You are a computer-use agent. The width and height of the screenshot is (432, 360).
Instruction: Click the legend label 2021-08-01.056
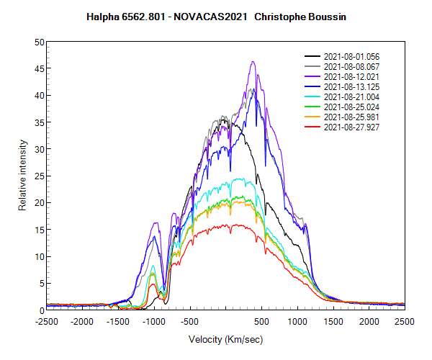(x=351, y=56)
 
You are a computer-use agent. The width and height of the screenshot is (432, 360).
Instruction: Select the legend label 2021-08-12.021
(x=351, y=76)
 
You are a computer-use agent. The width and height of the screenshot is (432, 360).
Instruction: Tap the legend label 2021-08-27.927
(x=351, y=127)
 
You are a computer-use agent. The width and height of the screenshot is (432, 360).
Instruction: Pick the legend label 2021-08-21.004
(x=351, y=96)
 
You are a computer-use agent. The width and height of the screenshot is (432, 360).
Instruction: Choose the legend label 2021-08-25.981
(x=351, y=117)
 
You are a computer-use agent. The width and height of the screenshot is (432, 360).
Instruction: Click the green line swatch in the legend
(x=313, y=107)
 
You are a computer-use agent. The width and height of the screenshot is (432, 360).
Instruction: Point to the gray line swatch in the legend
(x=313, y=66)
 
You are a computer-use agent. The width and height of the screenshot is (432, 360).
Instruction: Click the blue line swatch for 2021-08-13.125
(x=313, y=86)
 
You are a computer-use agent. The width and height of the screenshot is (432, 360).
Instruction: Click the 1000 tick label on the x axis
(x=297, y=321)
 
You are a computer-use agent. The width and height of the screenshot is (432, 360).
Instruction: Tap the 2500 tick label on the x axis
(x=405, y=321)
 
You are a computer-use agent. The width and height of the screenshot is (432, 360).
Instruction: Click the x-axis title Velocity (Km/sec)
(x=225, y=339)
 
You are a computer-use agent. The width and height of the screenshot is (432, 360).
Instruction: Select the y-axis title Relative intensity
(x=22, y=176)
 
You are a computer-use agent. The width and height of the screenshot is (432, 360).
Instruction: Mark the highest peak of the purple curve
(x=253, y=62)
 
